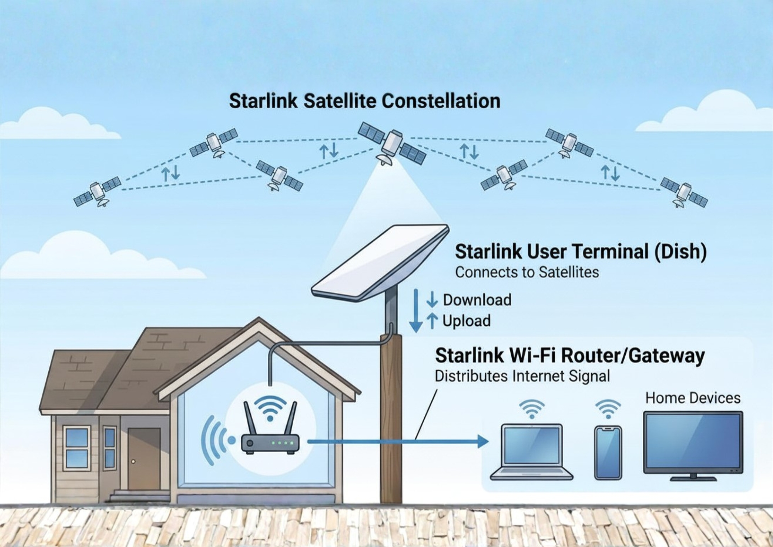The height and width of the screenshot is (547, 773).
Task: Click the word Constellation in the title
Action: click(441, 101)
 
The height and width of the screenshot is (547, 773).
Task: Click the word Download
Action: click(477, 300)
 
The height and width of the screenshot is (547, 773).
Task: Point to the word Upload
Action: click(467, 321)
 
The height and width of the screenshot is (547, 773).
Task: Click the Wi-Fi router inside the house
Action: click(270, 428)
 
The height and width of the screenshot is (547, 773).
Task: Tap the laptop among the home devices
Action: click(531, 452)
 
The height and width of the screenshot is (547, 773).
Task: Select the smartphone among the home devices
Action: click(608, 453)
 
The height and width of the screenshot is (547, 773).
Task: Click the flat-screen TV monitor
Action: click(693, 446)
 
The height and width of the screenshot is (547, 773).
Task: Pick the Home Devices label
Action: click(693, 398)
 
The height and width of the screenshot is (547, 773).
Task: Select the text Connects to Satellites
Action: click(527, 272)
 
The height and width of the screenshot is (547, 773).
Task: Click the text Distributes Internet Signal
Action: click(522, 376)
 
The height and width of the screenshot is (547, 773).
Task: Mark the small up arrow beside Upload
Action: click(432, 321)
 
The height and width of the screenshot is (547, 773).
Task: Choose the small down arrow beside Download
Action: click(432, 300)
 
